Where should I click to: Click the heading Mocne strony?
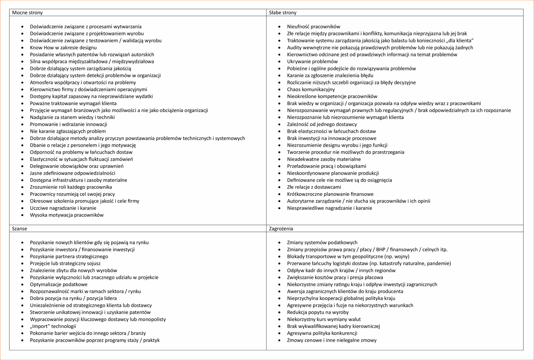point(27,13)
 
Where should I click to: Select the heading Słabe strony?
point(283,13)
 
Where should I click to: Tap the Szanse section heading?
point(19,229)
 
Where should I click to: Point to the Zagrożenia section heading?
point(281,229)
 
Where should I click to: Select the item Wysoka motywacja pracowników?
point(67,215)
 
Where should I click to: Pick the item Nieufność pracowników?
point(313,26)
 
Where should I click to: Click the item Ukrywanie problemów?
point(312,61)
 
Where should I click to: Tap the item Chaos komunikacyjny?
point(311,89)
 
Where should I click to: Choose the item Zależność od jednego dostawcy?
point(322,124)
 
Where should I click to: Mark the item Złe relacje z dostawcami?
point(314,187)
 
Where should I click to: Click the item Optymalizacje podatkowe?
point(59,284)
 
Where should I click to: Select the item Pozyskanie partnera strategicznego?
point(69,256)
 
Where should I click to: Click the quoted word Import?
point(40,326)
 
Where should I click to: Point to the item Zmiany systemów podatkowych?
point(322,243)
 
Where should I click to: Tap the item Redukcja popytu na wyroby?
point(318,312)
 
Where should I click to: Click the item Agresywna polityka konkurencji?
point(322,333)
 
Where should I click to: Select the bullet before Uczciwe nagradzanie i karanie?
point(22,208)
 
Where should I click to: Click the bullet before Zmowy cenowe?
point(279,340)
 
